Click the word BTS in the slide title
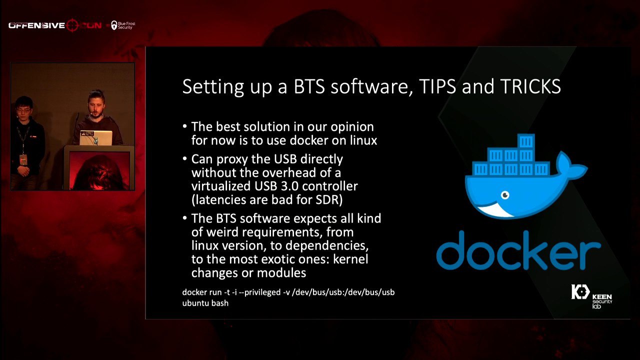[309, 86]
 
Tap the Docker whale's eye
[505, 195]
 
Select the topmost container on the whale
[525, 141]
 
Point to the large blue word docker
[518, 251]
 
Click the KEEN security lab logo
[591, 296]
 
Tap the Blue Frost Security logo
[123, 25]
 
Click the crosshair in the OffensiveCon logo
[72, 25]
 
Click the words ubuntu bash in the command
[205, 303]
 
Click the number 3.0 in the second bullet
[290, 186]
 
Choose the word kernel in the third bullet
[350, 259]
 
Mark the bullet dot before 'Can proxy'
[185, 158]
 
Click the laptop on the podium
[96, 137]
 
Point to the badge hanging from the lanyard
[23, 159]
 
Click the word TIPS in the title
[437, 86]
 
